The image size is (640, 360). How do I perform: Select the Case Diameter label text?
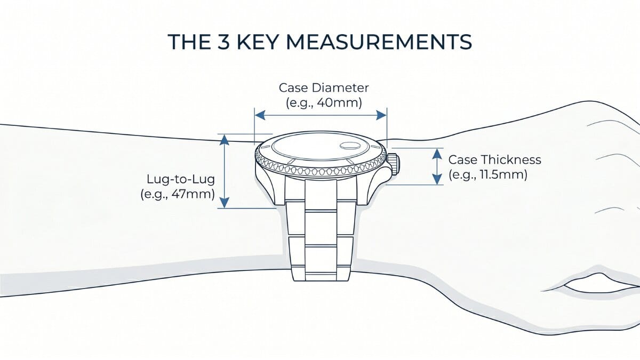(x=324, y=87)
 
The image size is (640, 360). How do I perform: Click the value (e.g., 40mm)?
(x=324, y=103)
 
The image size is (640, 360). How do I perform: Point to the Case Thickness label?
(x=494, y=159)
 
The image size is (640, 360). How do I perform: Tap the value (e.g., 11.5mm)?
(x=488, y=174)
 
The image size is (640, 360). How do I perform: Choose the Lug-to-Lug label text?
(x=181, y=179)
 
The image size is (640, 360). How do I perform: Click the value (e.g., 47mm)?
(x=178, y=194)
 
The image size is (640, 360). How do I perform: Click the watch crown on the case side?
(x=394, y=164)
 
